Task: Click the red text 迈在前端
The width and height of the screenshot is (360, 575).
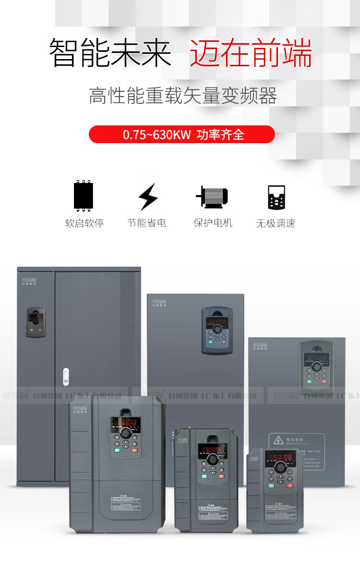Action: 251,53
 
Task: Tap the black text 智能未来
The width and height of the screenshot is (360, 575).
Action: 110,53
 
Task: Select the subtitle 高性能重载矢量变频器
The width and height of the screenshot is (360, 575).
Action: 183,96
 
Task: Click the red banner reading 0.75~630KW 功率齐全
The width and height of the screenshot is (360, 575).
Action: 182,135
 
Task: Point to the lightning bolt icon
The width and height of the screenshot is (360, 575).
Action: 147,196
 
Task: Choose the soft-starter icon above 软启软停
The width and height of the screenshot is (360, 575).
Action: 84,196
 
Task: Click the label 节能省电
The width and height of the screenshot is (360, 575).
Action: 146,223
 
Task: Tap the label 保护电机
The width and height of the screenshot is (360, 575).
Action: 213,223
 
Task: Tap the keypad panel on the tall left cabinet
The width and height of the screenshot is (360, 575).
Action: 36,322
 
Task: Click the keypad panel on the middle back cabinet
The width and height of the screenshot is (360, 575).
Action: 217,330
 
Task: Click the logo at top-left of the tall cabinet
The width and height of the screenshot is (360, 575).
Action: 30,280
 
